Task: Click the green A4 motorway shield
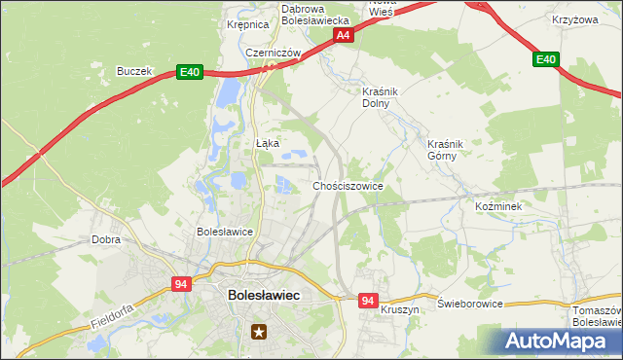tap(342, 35)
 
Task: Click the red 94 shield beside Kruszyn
tap(366, 302)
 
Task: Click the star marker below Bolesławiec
tap(259, 332)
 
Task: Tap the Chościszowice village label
tap(348, 186)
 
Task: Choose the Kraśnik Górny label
tap(447, 150)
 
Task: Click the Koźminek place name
tap(498, 207)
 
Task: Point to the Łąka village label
tap(267, 143)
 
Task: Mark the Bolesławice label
tap(225, 233)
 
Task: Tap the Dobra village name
tap(105, 238)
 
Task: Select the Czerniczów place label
tap(272, 53)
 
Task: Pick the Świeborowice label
tap(470, 304)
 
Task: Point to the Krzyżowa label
tap(573, 19)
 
